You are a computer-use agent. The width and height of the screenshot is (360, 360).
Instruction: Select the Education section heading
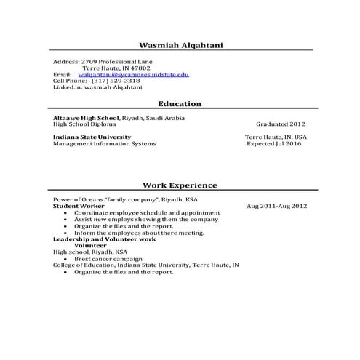[x=180, y=104]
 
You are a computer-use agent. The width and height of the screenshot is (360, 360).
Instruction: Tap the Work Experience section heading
[x=180, y=185]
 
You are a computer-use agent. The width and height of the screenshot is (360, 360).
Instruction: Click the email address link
[x=133, y=75]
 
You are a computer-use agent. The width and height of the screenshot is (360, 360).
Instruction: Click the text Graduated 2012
[x=281, y=124]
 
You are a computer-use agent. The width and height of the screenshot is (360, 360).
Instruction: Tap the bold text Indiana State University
[x=92, y=137]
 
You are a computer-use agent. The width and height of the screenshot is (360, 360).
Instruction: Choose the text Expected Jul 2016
[x=273, y=143]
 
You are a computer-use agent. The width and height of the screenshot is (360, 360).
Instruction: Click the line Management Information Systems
[x=104, y=143]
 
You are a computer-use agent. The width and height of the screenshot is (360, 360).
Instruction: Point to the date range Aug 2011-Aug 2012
[x=277, y=206]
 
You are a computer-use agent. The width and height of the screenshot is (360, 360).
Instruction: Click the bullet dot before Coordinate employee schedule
[x=66, y=212]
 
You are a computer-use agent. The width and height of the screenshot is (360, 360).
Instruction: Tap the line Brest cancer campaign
[x=108, y=259]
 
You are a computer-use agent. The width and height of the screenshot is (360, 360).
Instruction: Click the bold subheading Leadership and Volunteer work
[x=104, y=239]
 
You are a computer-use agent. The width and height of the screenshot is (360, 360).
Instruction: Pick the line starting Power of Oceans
[x=124, y=199]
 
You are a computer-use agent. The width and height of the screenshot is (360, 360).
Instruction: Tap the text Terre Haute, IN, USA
[x=276, y=137]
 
